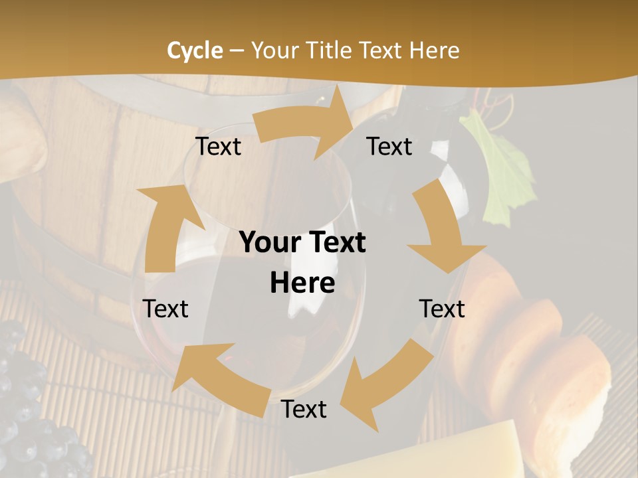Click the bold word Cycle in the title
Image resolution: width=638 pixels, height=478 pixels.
pyautogui.click(x=195, y=50)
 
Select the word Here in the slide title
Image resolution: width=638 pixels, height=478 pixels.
pyautogui.click(x=434, y=50)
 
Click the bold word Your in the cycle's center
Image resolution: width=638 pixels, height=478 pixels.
pyautogui.click(x=270, y=243)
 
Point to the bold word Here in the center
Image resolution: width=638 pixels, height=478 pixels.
pyautogui.click(x=302, y=283)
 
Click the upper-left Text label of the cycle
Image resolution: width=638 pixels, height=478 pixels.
pyautogui.click(x=218, y=147)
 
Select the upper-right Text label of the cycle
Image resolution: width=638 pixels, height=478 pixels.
pyautogui.click(x=389, y=147)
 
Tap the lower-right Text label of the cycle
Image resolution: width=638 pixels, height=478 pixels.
pyautogui.click(x=442, y=309)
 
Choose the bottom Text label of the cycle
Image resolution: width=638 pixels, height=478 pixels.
pyautogui.click(x=304, y=410)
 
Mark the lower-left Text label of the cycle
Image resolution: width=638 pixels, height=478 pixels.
pyautogui.click(x=165, y=309)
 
